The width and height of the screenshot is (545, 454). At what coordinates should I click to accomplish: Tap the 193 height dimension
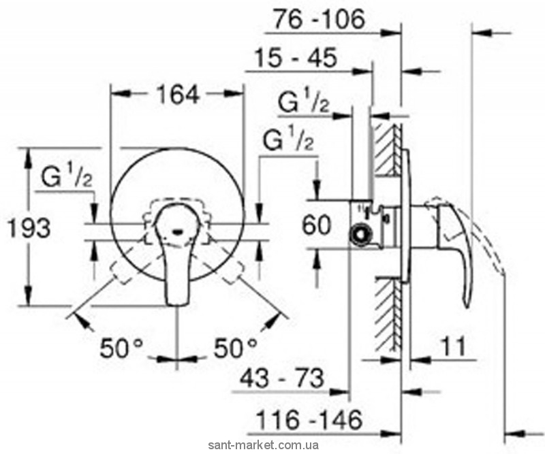[x=29, y=228]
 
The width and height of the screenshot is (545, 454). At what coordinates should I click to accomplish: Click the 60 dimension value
[x=319, y=225]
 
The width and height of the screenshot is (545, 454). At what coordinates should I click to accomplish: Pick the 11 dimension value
[x=450, y=348]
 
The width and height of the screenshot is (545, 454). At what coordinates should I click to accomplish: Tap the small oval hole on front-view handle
[x=179, y=231]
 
